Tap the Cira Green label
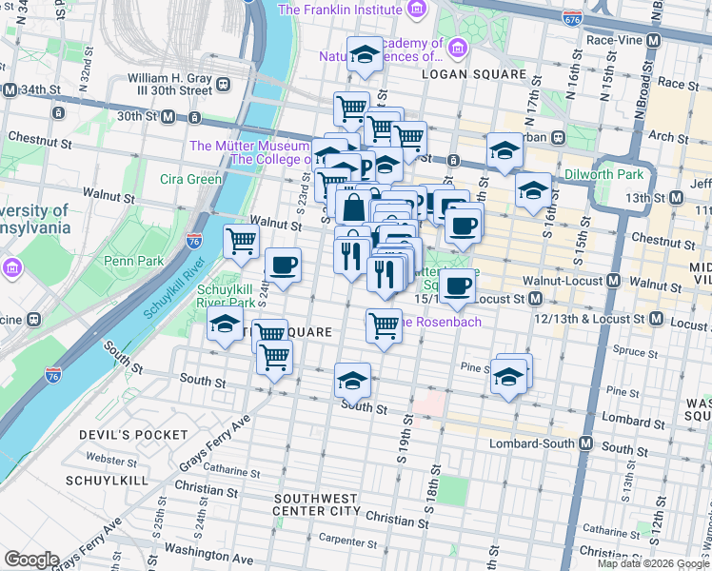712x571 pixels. [x=190, y=179]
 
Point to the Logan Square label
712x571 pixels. [x=474, y=74]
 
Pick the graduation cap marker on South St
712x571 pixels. [x=352, y=380]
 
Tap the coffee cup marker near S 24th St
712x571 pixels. [x=282, y=265]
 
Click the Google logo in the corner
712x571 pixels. [x=31, y=560]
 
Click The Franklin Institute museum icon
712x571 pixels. [x=416, y=10]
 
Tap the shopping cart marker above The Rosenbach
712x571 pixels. [x=384, y=325]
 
